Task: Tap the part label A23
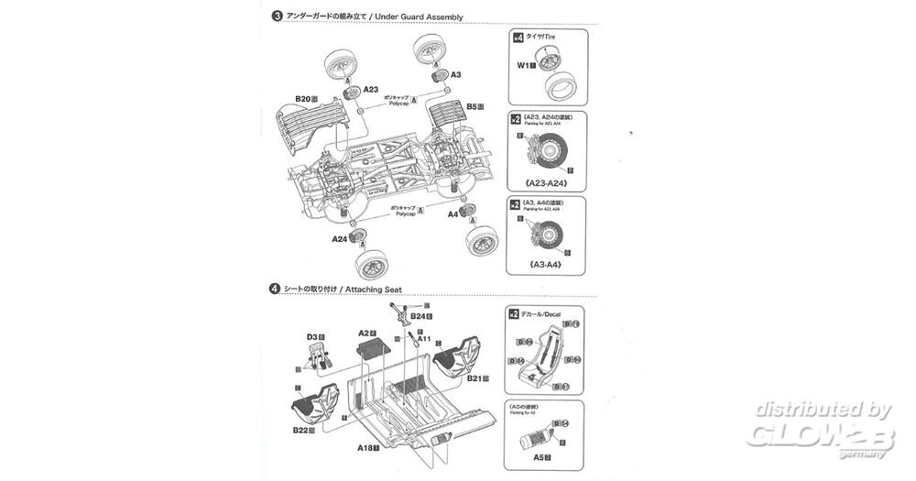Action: pyautogui.click(x=370, y=90)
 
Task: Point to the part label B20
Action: pyautogui.click(x=303, y=99)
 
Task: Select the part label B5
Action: pyautogui.click(x=473, y=106)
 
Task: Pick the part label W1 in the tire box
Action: pyautogui.click(x=524, y=66)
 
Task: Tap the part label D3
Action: pyautogui.click(x=311, y=338)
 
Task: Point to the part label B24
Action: pyautogui.click(x=416, y=316)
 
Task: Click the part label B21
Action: pyautogui.click(x=474, y=377)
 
